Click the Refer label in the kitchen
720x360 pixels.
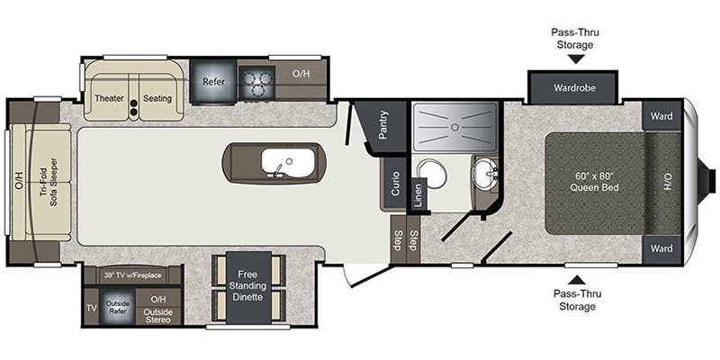[212, 81]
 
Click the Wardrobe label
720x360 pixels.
[573, 88]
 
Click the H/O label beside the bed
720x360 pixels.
[667, 183]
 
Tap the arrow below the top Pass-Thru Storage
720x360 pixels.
[576, 59]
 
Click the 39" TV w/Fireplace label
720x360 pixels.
[132, 275]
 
